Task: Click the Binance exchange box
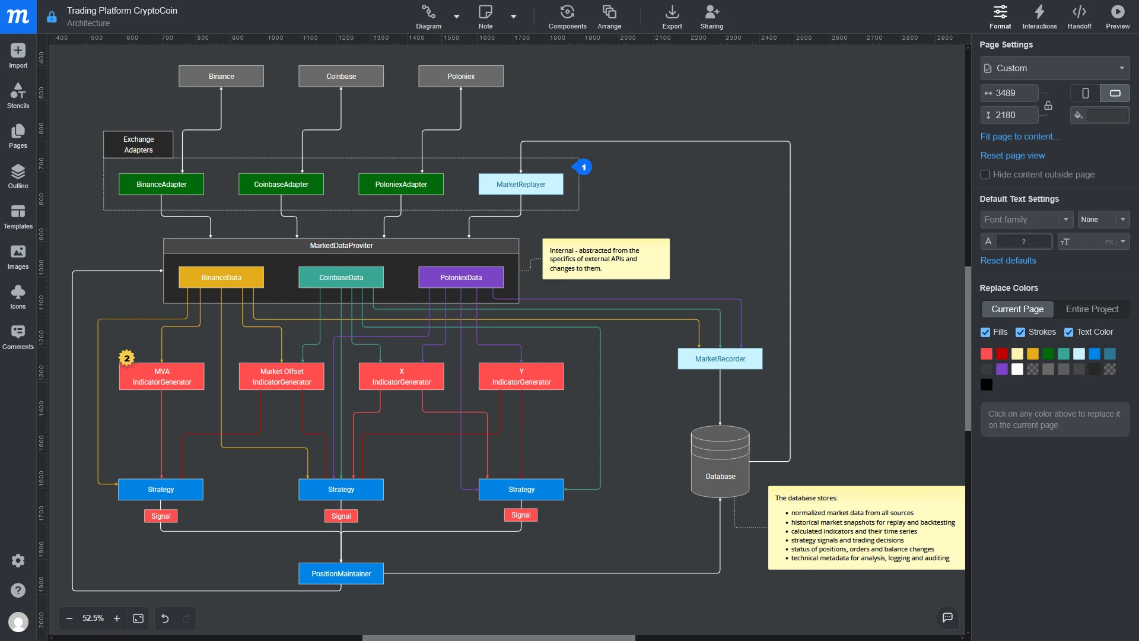tap(221, 77)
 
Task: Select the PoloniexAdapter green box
tap(401, 185)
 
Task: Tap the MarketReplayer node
tap(521, 185)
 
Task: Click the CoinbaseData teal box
tap(341, 278)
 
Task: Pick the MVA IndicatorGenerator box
tap(162, 377)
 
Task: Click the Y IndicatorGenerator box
tap(521, 377)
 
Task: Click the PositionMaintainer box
tap(341, 574)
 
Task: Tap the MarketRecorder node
tap(720, 359)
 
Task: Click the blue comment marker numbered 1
tap(583, 167)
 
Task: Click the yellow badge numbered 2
tap(126, 358)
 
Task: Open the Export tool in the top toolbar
tap(672, 17)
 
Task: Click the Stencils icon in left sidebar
tap(18, 95)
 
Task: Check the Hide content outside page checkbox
tap(985, 174)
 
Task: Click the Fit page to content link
tap(1019, 137)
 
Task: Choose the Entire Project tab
tap(1092, 309)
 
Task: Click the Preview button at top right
tap(1118, 17)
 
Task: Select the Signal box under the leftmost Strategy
tap(161, 516)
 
